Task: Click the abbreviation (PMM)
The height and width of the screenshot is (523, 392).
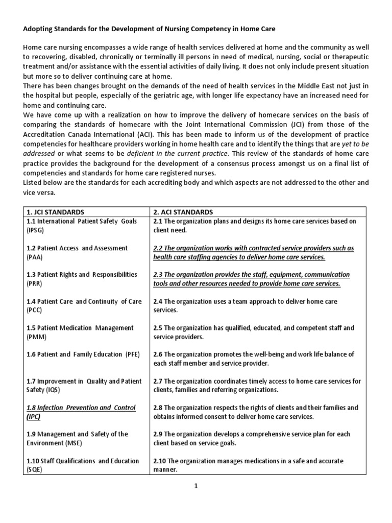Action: (35, 337)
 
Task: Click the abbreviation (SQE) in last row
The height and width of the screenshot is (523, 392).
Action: (34, 470)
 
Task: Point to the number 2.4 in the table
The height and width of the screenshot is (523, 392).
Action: (158, 301)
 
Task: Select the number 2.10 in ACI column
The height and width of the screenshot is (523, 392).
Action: (160, 461)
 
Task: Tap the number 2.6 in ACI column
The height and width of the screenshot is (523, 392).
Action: (158, 354)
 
